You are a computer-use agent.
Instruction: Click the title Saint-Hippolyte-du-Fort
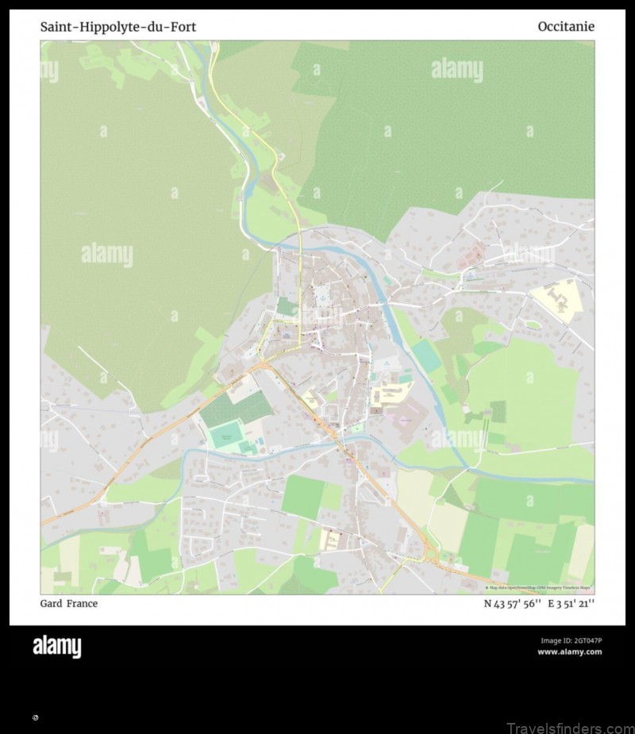click(118, 27)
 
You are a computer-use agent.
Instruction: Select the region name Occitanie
click(565, 27)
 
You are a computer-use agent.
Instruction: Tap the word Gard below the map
click(51, 604)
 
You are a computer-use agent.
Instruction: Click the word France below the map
click(83, 604)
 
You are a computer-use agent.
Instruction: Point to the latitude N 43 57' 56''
click(512, 604)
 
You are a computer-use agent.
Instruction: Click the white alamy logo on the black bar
click(56, 647)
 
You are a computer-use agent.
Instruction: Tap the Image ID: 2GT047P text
click(571, 640)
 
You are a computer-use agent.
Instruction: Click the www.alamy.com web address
click(569, 652)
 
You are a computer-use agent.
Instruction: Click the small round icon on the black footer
click(36, 717)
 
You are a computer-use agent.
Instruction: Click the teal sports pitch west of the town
click(226, 436)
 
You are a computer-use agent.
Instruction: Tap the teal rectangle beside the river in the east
click(427, 356)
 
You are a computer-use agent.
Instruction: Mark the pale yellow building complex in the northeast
click(558, 300)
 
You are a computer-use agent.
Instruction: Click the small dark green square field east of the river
click(498, 411)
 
